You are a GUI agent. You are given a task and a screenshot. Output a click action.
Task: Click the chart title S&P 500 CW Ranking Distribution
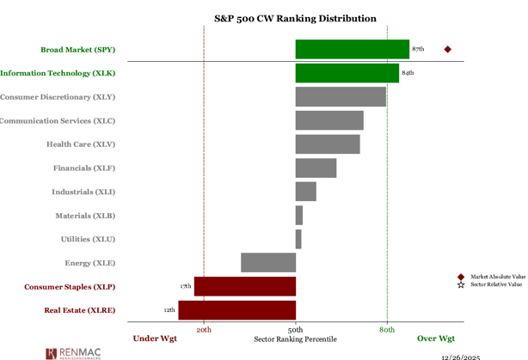pos(294,18)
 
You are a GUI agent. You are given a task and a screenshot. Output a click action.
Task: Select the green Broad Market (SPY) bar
pos(352,49)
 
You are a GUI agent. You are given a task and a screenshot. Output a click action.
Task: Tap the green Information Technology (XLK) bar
pos(347,73)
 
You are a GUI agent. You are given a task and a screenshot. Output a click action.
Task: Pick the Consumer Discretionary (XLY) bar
pos(341,96)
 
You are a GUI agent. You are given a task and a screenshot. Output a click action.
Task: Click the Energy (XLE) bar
pos(268,262)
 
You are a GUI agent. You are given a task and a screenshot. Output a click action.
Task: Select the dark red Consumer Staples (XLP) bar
pos(244,286)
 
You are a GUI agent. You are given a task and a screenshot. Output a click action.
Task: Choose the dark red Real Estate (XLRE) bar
pos(236,309)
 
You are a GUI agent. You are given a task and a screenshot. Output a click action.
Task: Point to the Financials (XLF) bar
pos(316,168)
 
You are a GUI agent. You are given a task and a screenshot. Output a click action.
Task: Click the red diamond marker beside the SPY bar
pos(447,49)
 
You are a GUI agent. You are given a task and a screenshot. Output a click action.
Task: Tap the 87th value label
pos(418,49)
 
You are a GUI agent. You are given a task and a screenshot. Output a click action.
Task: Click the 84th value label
pos(408,73)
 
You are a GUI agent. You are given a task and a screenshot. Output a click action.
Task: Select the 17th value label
pos(185,286)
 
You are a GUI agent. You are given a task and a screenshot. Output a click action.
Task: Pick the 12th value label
pos(169,309)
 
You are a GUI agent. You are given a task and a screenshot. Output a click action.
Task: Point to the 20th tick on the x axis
pos(204,330)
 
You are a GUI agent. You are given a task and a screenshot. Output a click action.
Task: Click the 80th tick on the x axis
pos(387,330)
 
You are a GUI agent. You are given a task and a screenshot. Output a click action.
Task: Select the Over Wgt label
pos(436,339)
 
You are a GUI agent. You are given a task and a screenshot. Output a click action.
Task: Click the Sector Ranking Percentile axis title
pos(295,339)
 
